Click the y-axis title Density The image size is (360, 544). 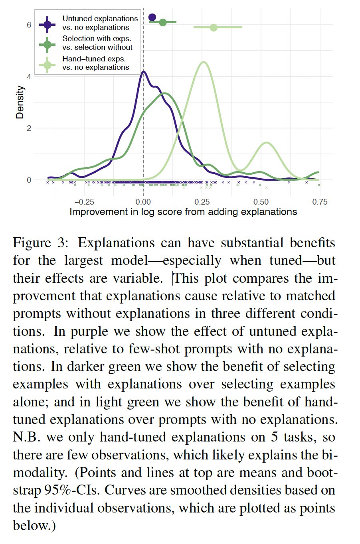(20, 102)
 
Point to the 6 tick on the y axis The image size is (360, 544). (29, 25)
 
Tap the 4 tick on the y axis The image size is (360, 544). (29, 77)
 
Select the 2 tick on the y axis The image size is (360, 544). (29, 128)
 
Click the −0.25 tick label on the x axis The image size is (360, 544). (84, 202)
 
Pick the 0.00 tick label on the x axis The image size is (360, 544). (143, 202)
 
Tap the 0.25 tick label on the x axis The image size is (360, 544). (202, 202)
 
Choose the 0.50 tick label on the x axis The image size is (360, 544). (261, 202)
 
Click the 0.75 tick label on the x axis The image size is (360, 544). (320, 202)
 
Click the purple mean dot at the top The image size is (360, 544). (152, 17)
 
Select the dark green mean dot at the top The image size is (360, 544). (163, 22)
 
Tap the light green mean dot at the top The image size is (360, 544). (214, 28)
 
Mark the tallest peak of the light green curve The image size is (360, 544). (204, 62)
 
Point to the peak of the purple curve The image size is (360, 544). (143, 72)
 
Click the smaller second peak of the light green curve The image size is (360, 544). (266, 142)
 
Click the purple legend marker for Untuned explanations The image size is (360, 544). (47, 24)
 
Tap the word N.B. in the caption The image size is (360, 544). (26, 437)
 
